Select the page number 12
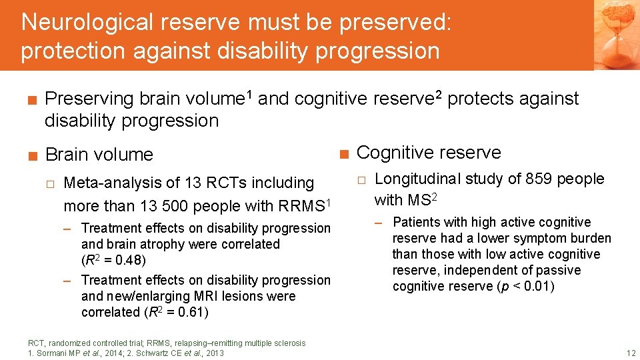631,353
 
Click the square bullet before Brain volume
31,155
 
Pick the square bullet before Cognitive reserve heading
343,153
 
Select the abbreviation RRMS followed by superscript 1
304,204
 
